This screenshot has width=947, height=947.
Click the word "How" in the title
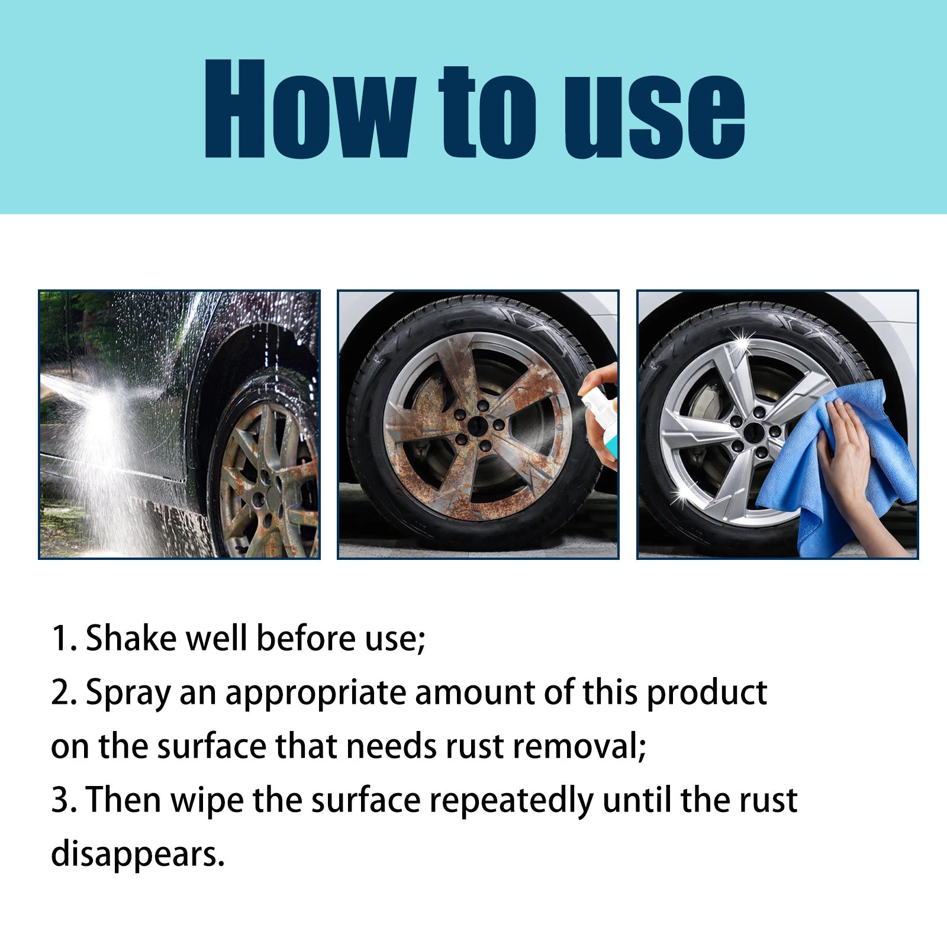[x=308, y=109]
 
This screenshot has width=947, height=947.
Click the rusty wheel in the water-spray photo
[x=266, y=479]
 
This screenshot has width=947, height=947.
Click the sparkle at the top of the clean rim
[x=740, y=340]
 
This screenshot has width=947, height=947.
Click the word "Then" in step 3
[x=124, y=800]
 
